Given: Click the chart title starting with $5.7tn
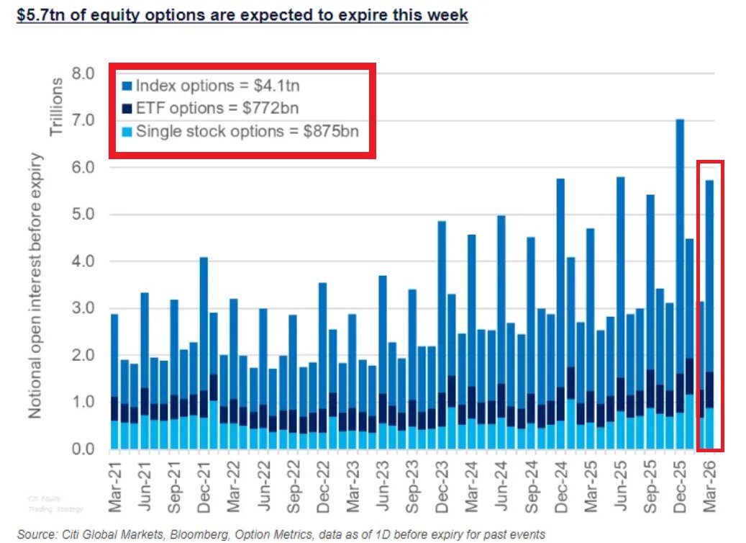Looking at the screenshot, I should click(242, 15).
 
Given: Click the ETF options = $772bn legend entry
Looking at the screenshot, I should click(209, 108).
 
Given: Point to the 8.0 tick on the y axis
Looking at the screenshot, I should click(83, 73).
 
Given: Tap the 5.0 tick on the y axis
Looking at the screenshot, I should click(83, 215).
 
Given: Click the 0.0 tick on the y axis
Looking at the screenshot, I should click(83, 449).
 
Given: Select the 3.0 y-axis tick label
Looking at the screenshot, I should click(83, 308).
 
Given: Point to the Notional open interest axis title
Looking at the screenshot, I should click(35, 286).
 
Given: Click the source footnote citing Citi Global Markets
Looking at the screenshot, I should click(281, 534).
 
